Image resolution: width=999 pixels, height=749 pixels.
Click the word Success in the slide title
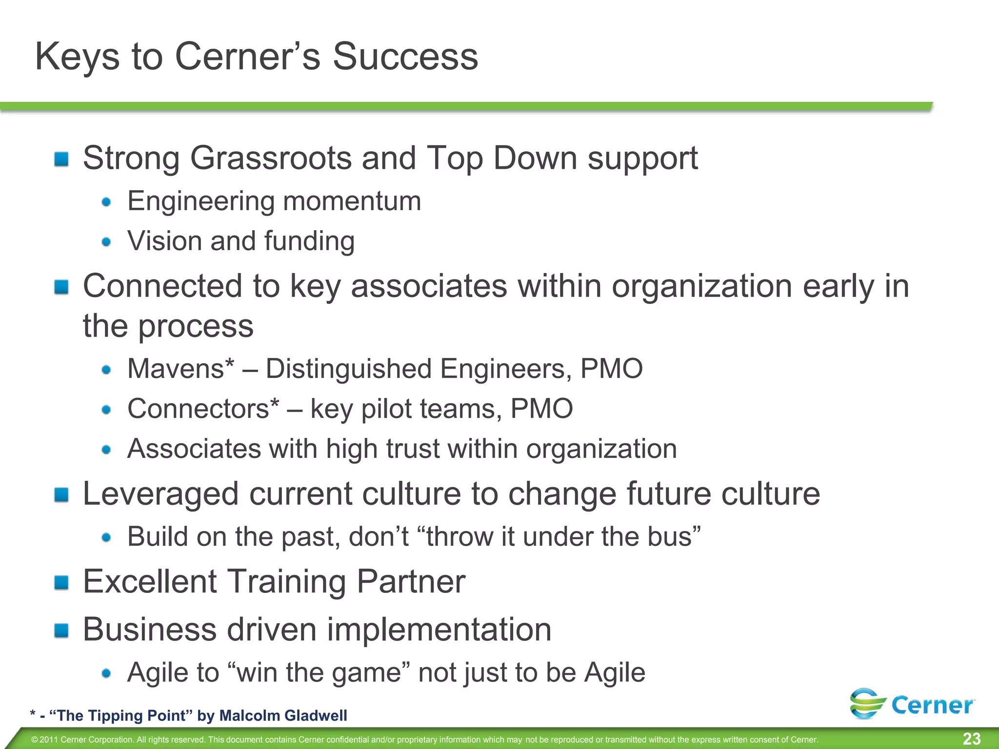[405, 57]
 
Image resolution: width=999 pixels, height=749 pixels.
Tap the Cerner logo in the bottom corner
[912, 704]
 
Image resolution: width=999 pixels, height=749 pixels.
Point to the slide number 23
[972, 739]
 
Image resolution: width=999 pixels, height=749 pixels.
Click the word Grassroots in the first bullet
[271, 158]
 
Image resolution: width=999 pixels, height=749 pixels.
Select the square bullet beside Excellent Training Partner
[61, 582]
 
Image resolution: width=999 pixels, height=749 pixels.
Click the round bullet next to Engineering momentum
[106, 202]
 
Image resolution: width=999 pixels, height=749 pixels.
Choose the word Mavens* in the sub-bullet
[180, 369]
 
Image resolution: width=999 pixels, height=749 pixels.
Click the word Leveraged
[161, 494]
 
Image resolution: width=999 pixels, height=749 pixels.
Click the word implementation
[439, 630]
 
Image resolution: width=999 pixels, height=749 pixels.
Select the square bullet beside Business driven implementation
[61, 630]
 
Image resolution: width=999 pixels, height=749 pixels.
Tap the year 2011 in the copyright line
[49, 740]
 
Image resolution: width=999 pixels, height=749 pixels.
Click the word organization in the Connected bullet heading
[701, 286]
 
